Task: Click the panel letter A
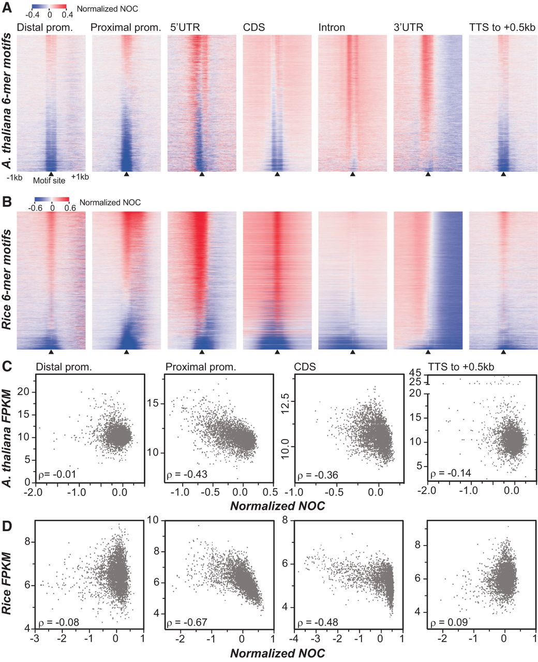coord(7,9)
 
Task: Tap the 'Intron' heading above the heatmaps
coord(332,27)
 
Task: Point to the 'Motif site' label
coord(49,180)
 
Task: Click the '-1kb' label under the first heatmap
coord(14,177)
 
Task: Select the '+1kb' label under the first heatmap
coord(80,177)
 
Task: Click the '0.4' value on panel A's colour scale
coord(67,16)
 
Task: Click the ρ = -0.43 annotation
coord(183,474)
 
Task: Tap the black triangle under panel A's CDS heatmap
coord(277,175)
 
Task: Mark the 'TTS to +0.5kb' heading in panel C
coord(461,367)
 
